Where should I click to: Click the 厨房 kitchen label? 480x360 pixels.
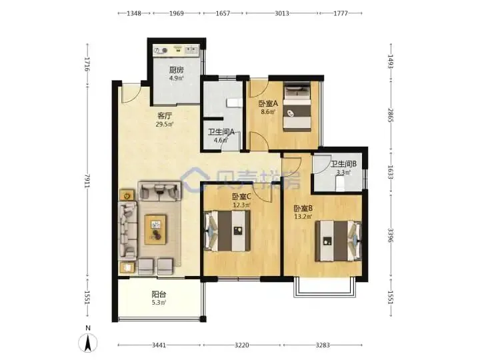pyautogui.click(x=176, y=70)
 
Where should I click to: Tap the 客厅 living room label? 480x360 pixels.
pyautogui.click(x=165, y=116)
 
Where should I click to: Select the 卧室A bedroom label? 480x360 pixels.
pyautogui.click(x=268, y=103)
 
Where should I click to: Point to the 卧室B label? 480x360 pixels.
pyautogui.click(x=303, y=209)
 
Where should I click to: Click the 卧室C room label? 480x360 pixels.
pyautogui.click(x=242, y=197)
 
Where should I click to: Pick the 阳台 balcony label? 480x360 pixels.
pyautogui.click(x=159, y=295)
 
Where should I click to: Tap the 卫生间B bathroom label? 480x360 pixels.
pyautogui.click(x=343, y=164)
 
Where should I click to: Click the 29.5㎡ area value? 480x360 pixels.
pyautogui.click(x=165, y=124)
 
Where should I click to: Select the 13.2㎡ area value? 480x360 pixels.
pyautogui.click(x=303, y=217)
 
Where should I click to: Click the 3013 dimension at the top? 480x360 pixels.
pyautogui.click(x=281, y=13)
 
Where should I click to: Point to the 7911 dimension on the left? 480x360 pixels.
pyautogui.click(x=87, y=182)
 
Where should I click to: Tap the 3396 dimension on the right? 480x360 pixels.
pyautogui.click(x=390, y=235)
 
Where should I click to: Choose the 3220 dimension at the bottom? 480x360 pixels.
pyautogui.click(x=241, y=345)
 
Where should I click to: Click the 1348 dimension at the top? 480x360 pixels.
pyautogui.click(x=134, y=13)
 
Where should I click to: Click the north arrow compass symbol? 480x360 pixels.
pyautogui.click(x=88, y=343)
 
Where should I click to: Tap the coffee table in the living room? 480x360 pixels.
pyautogui.click(x=156, y=229)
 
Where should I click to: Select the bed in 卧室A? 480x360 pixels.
pyautogui.click(x=297, y=107)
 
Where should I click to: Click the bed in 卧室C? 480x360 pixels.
pyautogui.click(x=227, y=231)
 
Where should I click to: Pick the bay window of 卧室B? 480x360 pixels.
pyautogui.click(x=325, y=288)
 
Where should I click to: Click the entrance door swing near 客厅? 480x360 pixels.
pyautogui.click(x=130, y=93)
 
